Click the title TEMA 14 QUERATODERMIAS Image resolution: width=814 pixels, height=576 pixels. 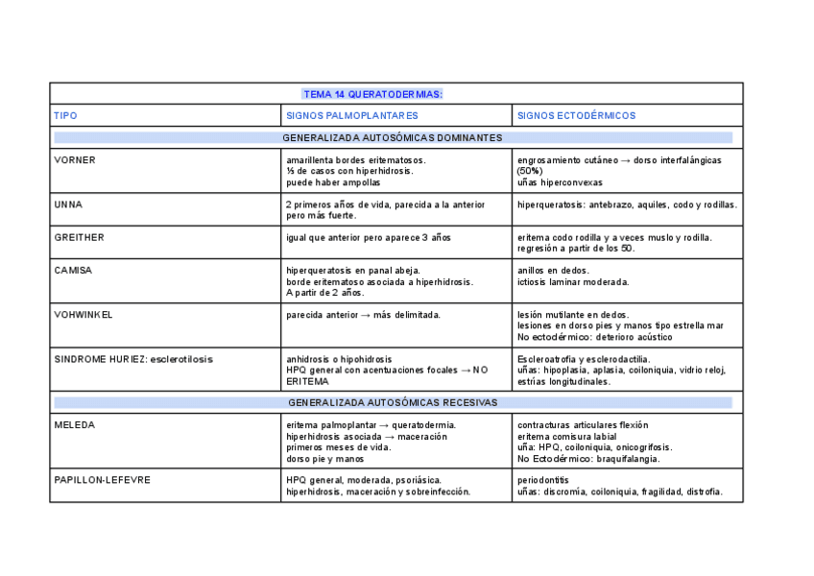(372, 94)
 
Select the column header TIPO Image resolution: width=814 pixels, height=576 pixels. (66, 116)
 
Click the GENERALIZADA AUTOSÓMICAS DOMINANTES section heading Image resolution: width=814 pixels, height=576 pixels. (393, 138)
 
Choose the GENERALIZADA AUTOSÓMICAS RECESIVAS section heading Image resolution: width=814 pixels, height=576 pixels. (393, 403)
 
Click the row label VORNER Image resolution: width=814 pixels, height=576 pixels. (75, 160)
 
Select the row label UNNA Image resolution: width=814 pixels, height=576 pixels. (69, 204)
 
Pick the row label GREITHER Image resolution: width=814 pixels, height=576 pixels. (80, 237)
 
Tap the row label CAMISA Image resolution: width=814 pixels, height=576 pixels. (74, 271)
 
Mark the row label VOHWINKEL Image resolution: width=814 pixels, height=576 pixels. (84, 315)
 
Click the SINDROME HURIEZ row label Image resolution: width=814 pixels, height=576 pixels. (133, 359)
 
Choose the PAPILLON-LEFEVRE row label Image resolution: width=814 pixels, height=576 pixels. (103, 480)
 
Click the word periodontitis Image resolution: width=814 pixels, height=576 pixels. (543, 480)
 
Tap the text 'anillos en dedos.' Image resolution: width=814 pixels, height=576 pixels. (554, 271)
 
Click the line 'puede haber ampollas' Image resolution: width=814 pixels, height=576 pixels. (333, 182)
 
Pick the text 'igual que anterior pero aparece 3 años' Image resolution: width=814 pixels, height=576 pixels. (369, 237)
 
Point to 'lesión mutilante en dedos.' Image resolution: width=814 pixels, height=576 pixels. (573, 315)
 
